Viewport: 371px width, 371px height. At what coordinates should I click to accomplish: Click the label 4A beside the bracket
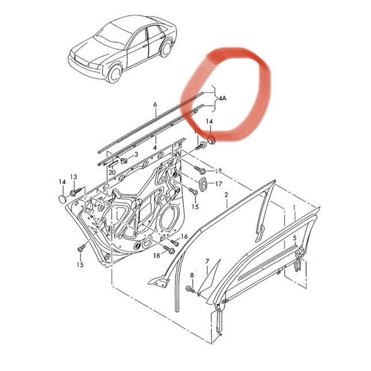(x=222, y=98)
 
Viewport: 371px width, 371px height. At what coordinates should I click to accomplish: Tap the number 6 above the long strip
(x=155, y=104)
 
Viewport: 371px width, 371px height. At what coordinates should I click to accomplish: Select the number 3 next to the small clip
(x=136, y=155)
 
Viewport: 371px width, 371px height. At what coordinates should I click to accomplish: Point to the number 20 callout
(x=112, y=172)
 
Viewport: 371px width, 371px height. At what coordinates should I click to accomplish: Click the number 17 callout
(x=219, y=183)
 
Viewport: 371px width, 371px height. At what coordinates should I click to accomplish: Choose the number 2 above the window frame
(x=226, y=195)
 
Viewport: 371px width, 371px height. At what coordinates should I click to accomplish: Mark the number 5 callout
(x=294, y=238)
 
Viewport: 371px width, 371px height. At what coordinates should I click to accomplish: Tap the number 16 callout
(x=184, y=236)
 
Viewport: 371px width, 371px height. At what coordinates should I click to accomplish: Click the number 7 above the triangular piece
(x=207, y=262)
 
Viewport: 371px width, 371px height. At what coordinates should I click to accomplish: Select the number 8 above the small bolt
(x=192, y=275)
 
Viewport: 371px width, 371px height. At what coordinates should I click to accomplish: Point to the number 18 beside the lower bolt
(x=156, y=255)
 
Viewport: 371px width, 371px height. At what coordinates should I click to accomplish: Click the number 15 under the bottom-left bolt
(x=80, y=264)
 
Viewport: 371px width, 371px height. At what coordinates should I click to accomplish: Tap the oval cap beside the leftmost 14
(x=62, y=199)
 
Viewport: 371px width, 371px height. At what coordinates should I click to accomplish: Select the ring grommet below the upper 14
(x=211, y=139)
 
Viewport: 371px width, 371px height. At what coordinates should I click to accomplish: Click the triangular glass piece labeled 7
(x=209, y=278)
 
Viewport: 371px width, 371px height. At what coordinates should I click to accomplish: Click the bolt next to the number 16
(x=175, y=243)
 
